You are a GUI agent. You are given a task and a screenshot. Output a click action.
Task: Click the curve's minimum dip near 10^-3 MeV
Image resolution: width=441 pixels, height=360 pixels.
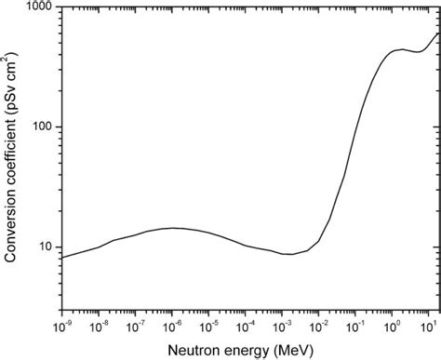tap(291, 254)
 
